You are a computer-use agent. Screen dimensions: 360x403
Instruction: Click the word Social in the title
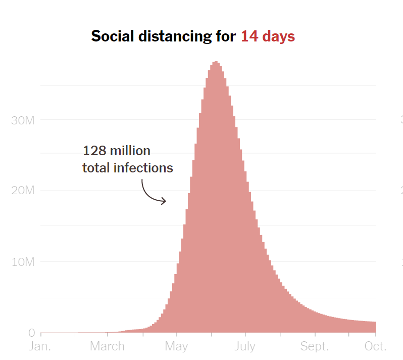tap(112, 36)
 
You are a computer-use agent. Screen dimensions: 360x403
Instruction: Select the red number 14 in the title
tap(249, 36)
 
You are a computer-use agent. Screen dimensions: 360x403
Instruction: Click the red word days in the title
tap(278, 36)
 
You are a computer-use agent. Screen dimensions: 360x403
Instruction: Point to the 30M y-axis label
tap(22, 120)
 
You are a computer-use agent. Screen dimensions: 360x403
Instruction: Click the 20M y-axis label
tap(22, 191)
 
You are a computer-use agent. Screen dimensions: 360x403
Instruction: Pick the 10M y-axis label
tap(22, 262)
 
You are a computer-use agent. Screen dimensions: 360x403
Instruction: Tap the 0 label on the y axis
tap(31, 333)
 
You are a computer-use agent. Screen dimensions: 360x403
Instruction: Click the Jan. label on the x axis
tap(40, 346)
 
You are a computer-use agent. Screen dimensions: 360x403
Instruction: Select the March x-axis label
tap(107, 346)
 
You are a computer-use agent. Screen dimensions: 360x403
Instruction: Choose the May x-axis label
tap(176, 346)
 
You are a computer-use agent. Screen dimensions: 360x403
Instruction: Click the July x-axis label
tap(245, 346)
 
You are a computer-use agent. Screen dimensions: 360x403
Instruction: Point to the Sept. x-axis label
tap(314, 346)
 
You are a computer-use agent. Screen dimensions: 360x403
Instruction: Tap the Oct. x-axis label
tap(376, 346)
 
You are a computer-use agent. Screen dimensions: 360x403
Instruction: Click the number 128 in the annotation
tap(93, 151)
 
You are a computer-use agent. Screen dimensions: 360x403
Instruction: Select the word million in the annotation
tap(130, 151)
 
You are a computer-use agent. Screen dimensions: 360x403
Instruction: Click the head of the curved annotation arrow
tap(165, 202)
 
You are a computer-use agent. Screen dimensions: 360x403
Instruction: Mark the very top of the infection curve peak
tap(216, 62)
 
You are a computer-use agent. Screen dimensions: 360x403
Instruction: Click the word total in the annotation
tap(96, 168)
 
